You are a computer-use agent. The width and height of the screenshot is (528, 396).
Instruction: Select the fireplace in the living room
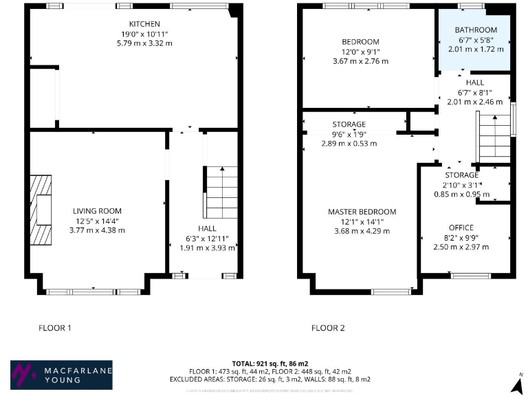click(x=42, y=210)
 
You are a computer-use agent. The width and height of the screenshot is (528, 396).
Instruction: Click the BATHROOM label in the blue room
click(x=476, y=30)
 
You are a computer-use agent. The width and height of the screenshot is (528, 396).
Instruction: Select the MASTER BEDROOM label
click(x=362, y=212)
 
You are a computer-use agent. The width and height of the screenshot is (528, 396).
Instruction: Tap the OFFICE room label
click(x=461, y=228)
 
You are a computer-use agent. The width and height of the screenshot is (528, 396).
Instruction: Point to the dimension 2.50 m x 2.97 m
click(x=461, y=247)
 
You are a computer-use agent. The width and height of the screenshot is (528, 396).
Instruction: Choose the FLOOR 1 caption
click(x=54, y=328)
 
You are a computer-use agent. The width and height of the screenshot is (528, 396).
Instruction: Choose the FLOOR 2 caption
click(x=328, y=328)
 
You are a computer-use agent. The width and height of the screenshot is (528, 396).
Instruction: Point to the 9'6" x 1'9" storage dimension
click(x=349, y=134)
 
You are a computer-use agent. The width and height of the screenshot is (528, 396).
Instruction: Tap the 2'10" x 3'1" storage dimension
click(x=461, y=184)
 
